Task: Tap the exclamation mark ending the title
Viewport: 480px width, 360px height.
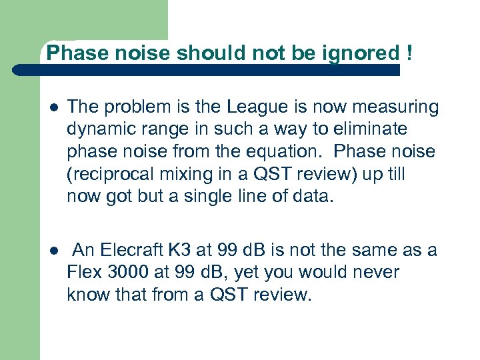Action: pos(407,53)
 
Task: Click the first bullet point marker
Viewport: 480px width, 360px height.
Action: pos(53,107)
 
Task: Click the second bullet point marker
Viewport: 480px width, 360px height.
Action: pos(53,250)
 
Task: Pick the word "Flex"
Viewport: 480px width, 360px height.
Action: pos(82,273)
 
